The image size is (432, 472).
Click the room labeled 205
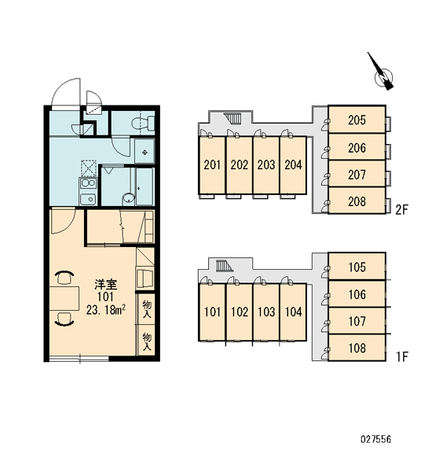(357, 120)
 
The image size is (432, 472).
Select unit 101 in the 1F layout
(212, 312)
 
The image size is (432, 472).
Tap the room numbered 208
(357, 201)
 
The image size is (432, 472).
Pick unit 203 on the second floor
(266, 164)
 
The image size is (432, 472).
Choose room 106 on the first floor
(357, 293)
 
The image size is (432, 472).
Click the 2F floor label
(401, 210)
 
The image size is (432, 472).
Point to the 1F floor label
(401, 356)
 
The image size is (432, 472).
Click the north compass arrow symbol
(381, 72)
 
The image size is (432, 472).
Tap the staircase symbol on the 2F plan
(232, 118)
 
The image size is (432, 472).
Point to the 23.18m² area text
(106, 310)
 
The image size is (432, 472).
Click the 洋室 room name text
(105, 284)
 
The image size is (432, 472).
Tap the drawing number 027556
(375, 439)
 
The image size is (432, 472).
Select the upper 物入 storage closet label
(147, 308)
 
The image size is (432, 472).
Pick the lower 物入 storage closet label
(147, 341)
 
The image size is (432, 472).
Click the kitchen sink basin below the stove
(88, 199)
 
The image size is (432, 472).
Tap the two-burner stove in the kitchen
(88, 183)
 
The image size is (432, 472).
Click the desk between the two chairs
(64, 298)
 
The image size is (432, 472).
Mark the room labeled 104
(293, 312)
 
